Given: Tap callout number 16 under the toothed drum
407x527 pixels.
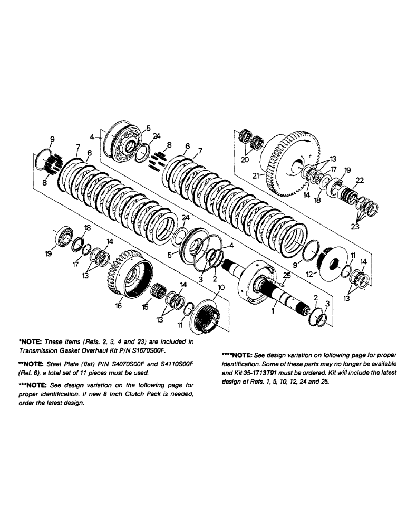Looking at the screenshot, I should [x=118, y=305].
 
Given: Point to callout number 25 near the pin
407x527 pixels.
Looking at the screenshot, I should [x=287, y=275].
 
